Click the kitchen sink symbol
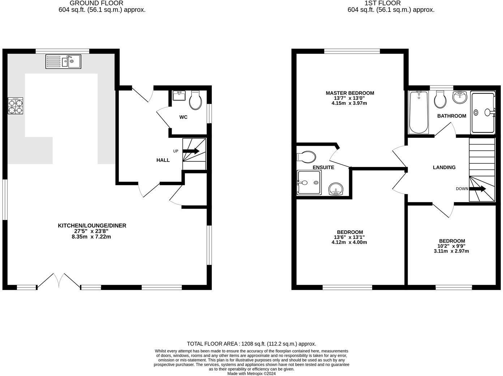64,61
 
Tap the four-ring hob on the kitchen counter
16,106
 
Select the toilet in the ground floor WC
195,100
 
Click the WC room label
184,117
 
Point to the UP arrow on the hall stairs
192,151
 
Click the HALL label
163,160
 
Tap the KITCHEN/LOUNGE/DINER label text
92,226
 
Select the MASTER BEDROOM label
350,93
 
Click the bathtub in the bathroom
418,112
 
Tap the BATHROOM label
452,116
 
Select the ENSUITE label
323,167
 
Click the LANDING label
444,167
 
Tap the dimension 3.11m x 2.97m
451,251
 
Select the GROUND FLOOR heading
96,3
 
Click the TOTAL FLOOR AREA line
251,344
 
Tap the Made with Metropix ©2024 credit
251,373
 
